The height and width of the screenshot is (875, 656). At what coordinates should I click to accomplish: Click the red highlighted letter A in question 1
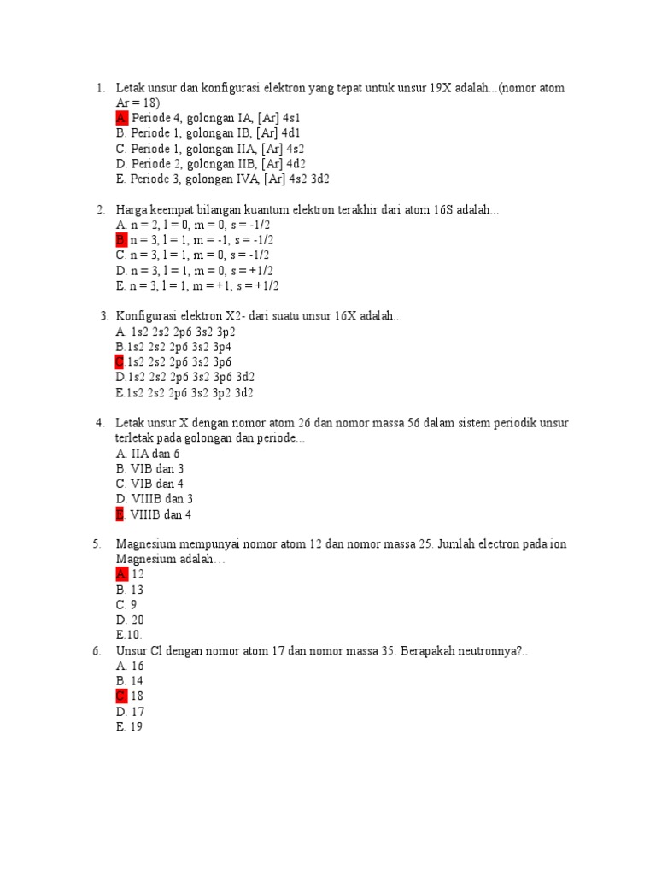tap(121, 118)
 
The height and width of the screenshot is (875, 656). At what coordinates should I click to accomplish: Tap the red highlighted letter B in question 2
tap(121, 240)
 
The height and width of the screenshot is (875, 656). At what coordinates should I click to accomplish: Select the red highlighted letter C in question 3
tap(120, 362)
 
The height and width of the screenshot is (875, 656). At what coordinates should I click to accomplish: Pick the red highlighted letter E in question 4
tap(120, 514)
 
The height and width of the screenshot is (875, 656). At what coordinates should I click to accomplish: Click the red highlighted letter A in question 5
tap(121, 574)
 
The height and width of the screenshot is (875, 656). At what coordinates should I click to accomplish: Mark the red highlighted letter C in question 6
tap(121, 696)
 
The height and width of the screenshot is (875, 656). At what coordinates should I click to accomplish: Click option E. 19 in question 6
tap(130, 727)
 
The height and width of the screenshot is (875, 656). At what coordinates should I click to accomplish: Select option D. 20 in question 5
tap(131, 620)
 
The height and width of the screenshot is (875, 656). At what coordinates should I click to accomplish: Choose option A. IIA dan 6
tap(148, 454)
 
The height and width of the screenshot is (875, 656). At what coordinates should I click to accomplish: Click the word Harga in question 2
tap(133, 210)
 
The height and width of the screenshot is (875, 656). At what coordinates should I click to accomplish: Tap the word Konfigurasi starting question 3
tap(149, 316)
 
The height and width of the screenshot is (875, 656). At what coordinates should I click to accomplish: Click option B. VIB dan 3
tap(149, 469)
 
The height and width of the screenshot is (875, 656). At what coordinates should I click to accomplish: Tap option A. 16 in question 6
tap(130, 666)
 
